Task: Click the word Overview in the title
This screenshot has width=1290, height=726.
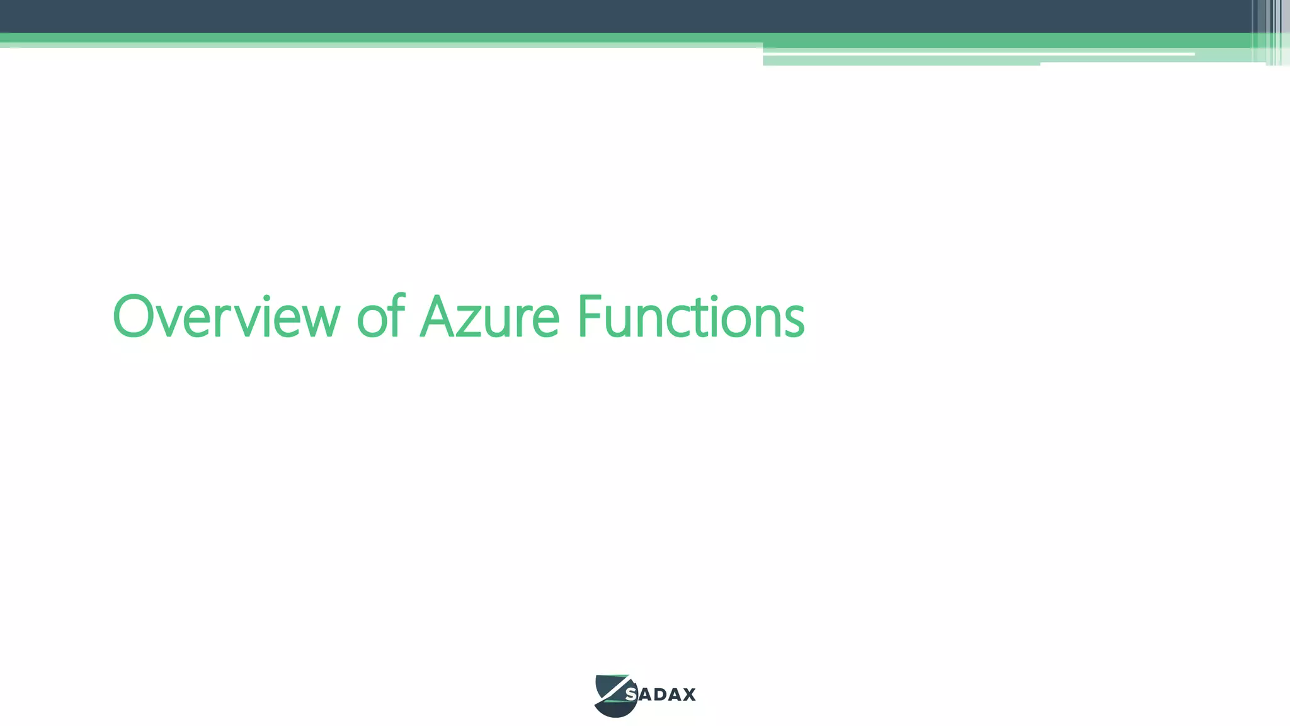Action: [225, 317]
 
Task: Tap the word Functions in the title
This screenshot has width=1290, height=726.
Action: [690, 317]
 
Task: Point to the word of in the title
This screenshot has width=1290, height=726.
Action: [380, 317]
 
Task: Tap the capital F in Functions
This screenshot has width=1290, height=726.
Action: [590, 317]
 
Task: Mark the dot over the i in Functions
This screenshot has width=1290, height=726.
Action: [714, 298]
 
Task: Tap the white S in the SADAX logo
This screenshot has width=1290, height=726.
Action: [631, 694]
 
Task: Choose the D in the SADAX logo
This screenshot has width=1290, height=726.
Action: [659, 694]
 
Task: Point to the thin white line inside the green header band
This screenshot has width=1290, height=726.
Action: [976, 55]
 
